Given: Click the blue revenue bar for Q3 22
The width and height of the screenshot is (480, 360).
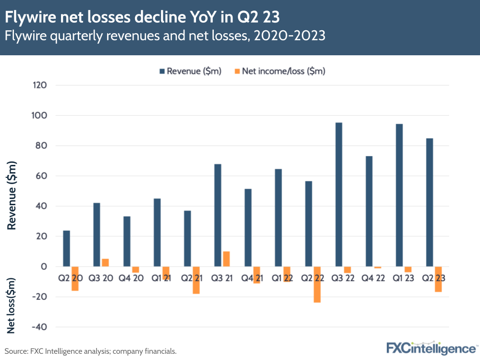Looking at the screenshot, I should [339, 194].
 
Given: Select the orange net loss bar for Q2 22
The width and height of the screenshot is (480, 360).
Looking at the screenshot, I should [317, 285].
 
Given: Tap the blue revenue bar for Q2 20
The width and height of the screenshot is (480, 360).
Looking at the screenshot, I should [66, 248].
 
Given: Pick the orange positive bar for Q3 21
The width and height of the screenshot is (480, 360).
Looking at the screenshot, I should [226, 259].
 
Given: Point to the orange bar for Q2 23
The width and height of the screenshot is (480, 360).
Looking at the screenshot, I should [438, 279].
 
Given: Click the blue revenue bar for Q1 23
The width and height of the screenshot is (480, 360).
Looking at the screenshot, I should [399, 195].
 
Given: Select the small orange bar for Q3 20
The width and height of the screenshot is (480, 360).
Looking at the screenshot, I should [105, 262].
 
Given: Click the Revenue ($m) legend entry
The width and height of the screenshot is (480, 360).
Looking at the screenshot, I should [190, 72].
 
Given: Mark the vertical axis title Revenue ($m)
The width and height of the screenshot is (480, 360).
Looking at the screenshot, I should [12, 196].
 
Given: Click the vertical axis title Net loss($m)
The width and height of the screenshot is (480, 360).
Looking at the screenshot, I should [12, 305].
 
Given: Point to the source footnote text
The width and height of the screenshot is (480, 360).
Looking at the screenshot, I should [90, 351].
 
